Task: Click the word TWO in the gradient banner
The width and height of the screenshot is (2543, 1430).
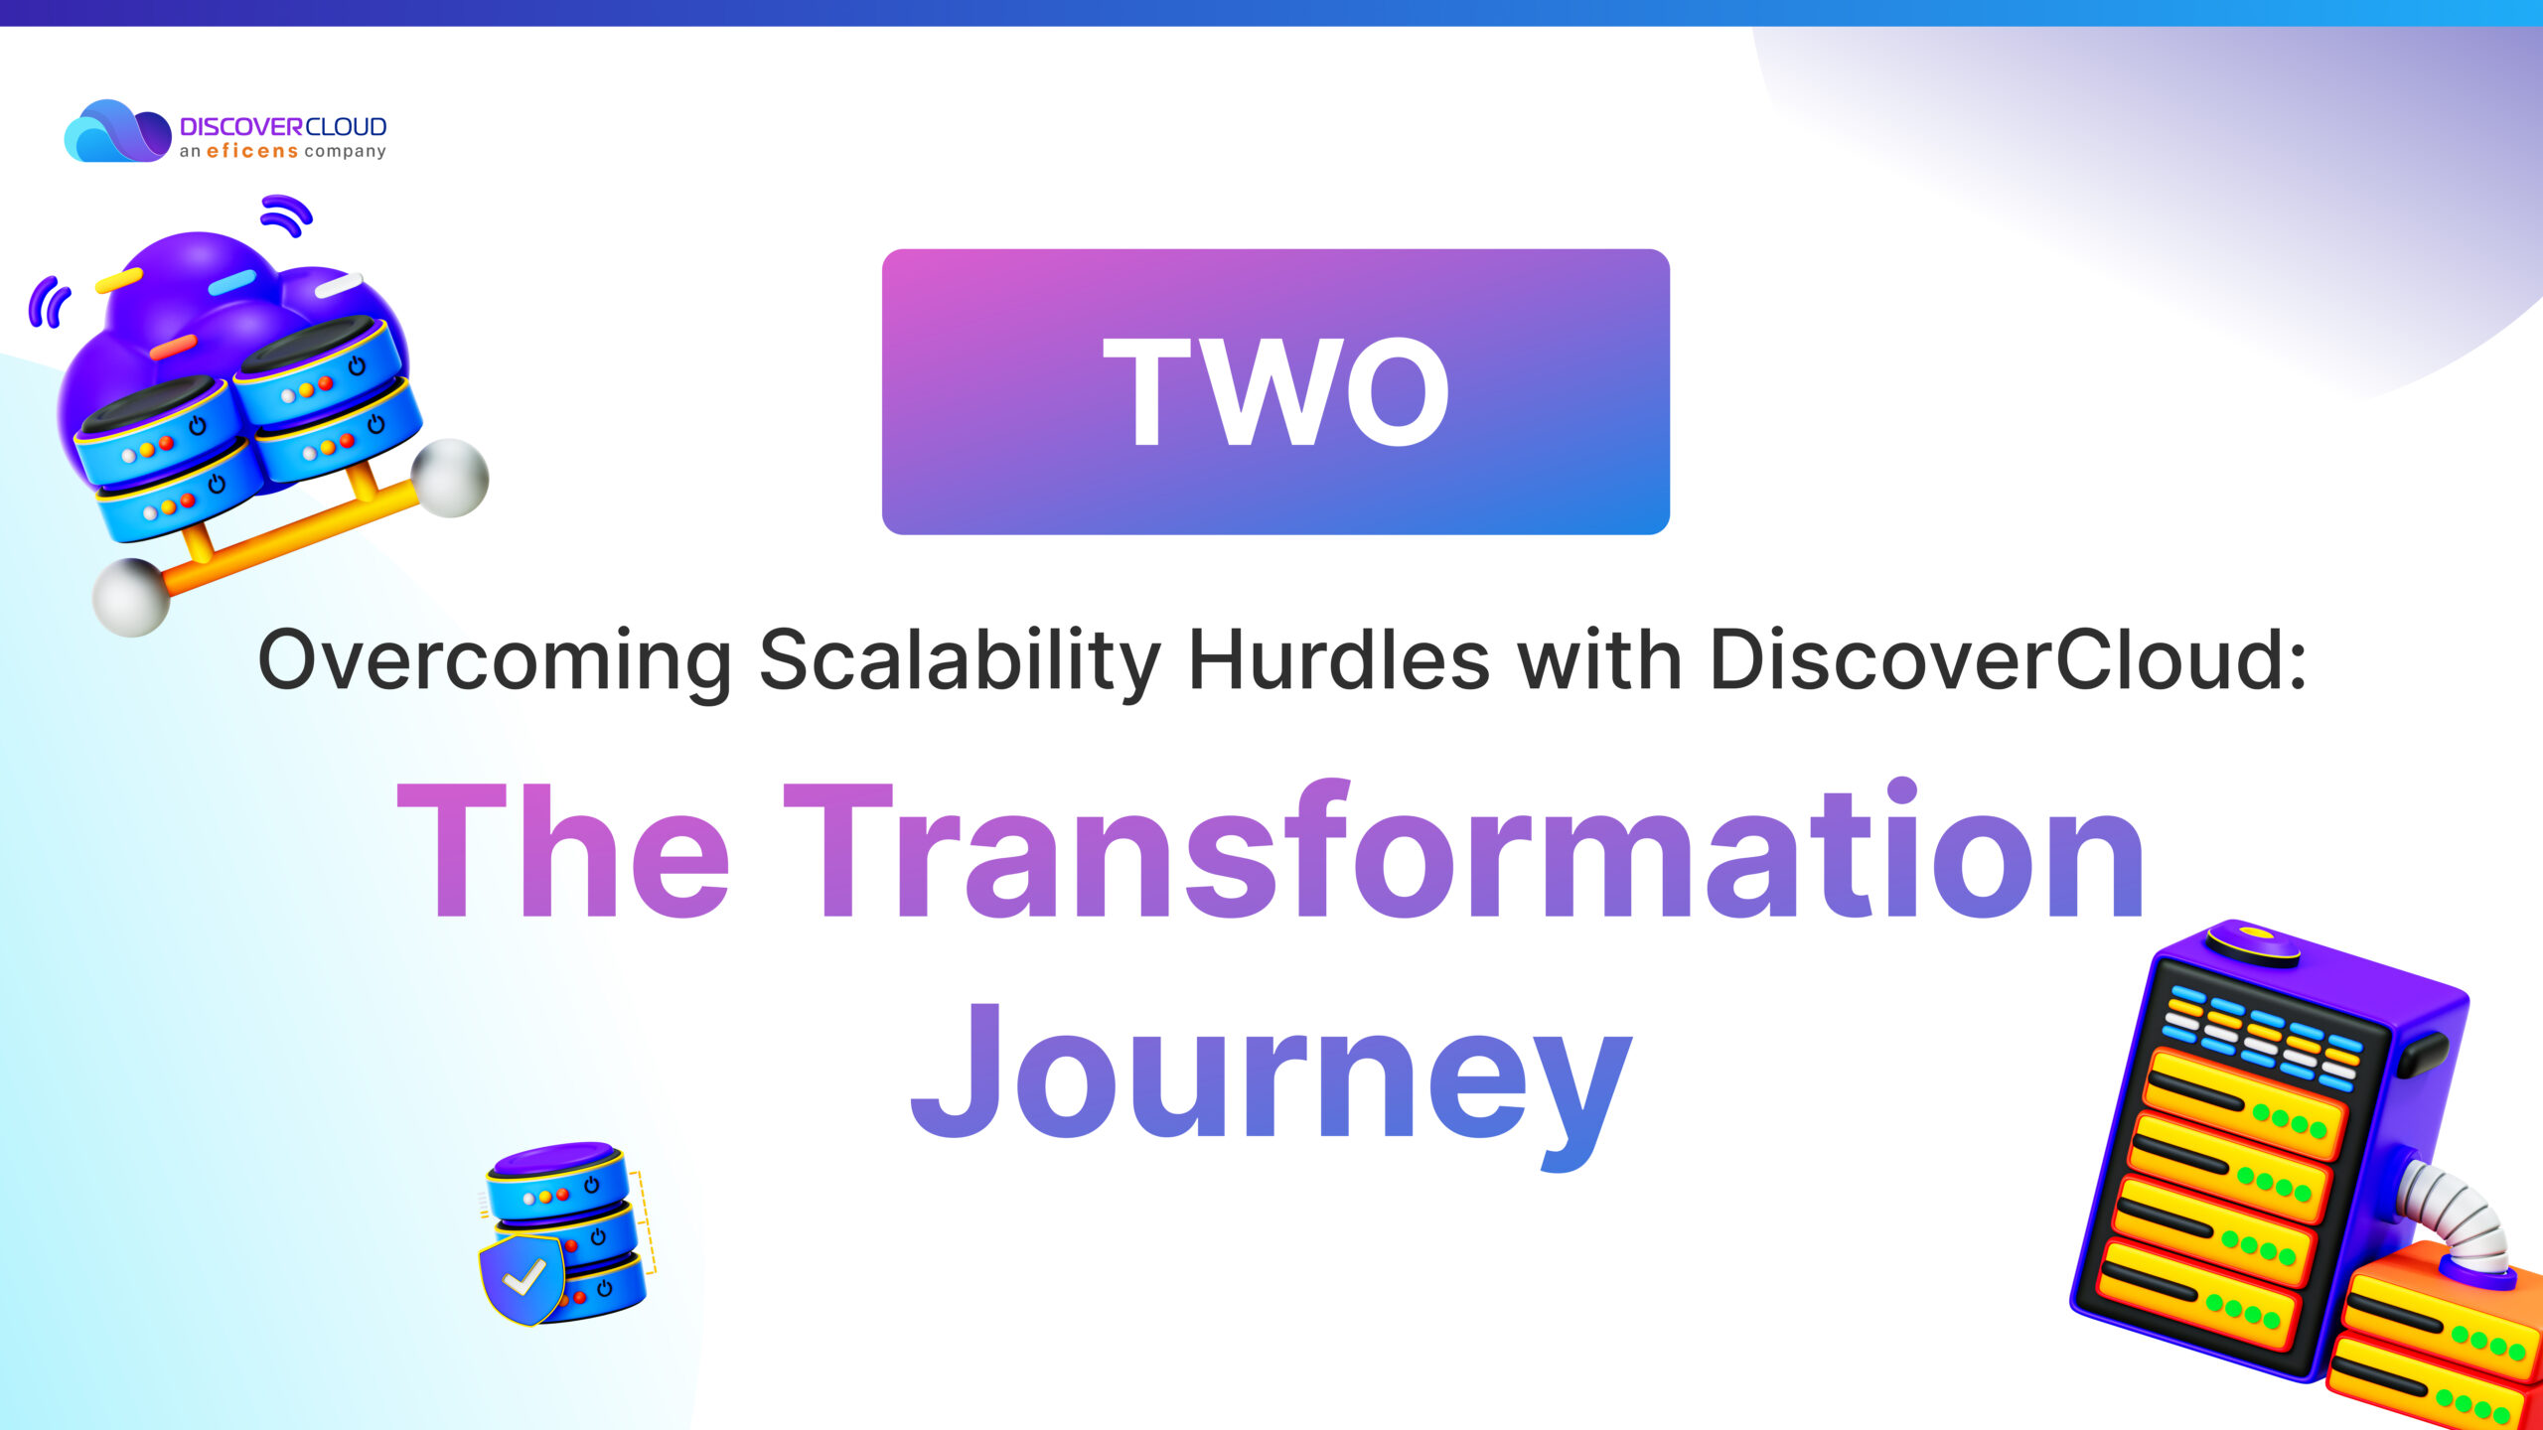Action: click(1276, 391)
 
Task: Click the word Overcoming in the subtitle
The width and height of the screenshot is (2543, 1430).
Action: click(495, 661)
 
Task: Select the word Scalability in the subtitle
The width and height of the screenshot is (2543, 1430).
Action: click(960, 661)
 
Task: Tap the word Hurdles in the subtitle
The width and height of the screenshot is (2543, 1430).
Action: click(1339, 659)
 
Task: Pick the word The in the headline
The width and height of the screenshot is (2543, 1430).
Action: click(563, 852)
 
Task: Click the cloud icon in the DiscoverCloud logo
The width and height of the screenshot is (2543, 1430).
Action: click(117, 130)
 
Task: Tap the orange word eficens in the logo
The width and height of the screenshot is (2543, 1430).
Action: click(252, 151)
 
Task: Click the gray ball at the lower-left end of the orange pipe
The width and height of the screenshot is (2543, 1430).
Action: click(131, 597)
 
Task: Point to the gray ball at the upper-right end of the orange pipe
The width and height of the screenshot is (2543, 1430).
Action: click(450, 478)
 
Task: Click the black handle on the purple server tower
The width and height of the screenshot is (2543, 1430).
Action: click(2425, 1055)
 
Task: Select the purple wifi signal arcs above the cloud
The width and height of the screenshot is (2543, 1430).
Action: click(286, 215)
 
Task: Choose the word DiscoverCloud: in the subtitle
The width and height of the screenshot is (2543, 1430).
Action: click(2007, 659)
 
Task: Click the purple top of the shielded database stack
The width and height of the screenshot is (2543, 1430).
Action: click(556, 1158)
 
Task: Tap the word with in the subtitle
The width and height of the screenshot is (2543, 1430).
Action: click(1599, 659)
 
